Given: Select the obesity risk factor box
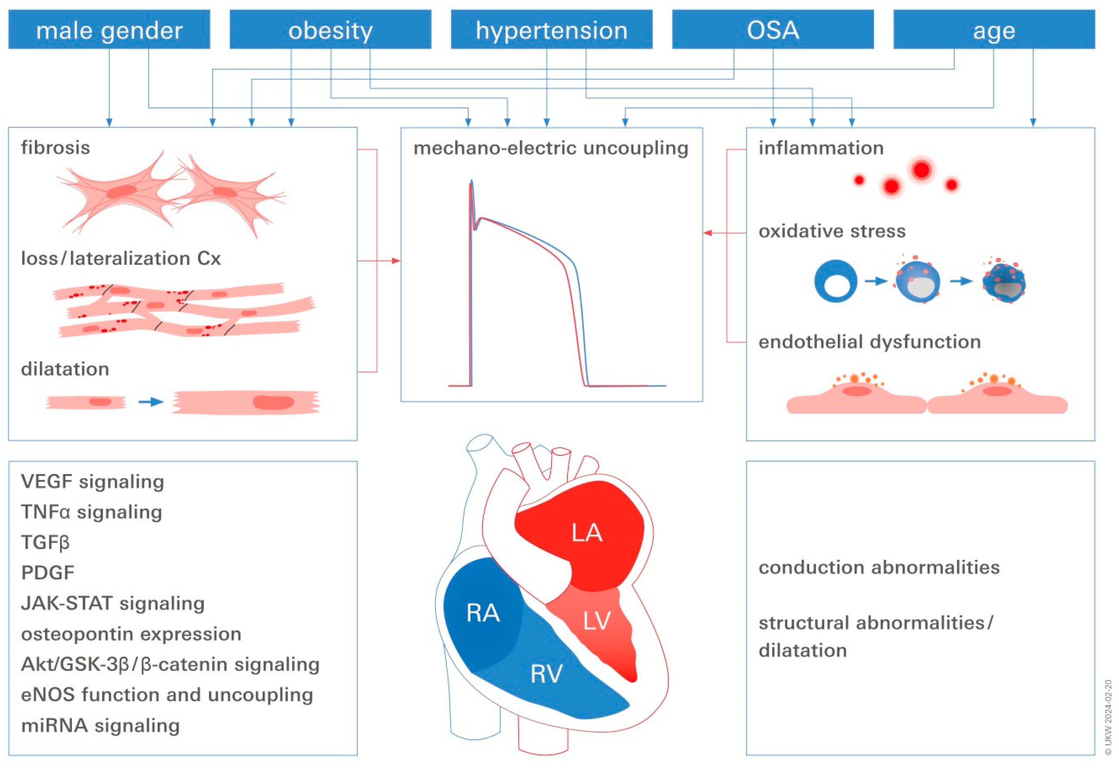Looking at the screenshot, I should [x=330, y=30].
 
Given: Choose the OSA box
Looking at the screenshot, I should [x=773, y=30].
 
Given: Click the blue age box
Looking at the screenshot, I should [x=994, y=30].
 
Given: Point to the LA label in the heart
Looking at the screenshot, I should [x=586, y=533].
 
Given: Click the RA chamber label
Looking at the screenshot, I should [x=483, y=613].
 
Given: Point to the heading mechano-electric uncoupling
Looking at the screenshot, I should [x=551, y=148].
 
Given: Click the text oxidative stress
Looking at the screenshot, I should [x=832, y=231].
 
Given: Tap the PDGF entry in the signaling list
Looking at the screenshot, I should [x=48, y=573].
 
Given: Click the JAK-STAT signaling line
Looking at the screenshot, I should [x=113, y=603].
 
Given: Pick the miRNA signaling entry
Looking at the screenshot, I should [x=100, y=725].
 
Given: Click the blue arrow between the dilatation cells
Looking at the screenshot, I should [x=151, y=402].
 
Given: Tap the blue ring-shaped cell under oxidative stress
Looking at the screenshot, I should [x=835, y=281].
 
